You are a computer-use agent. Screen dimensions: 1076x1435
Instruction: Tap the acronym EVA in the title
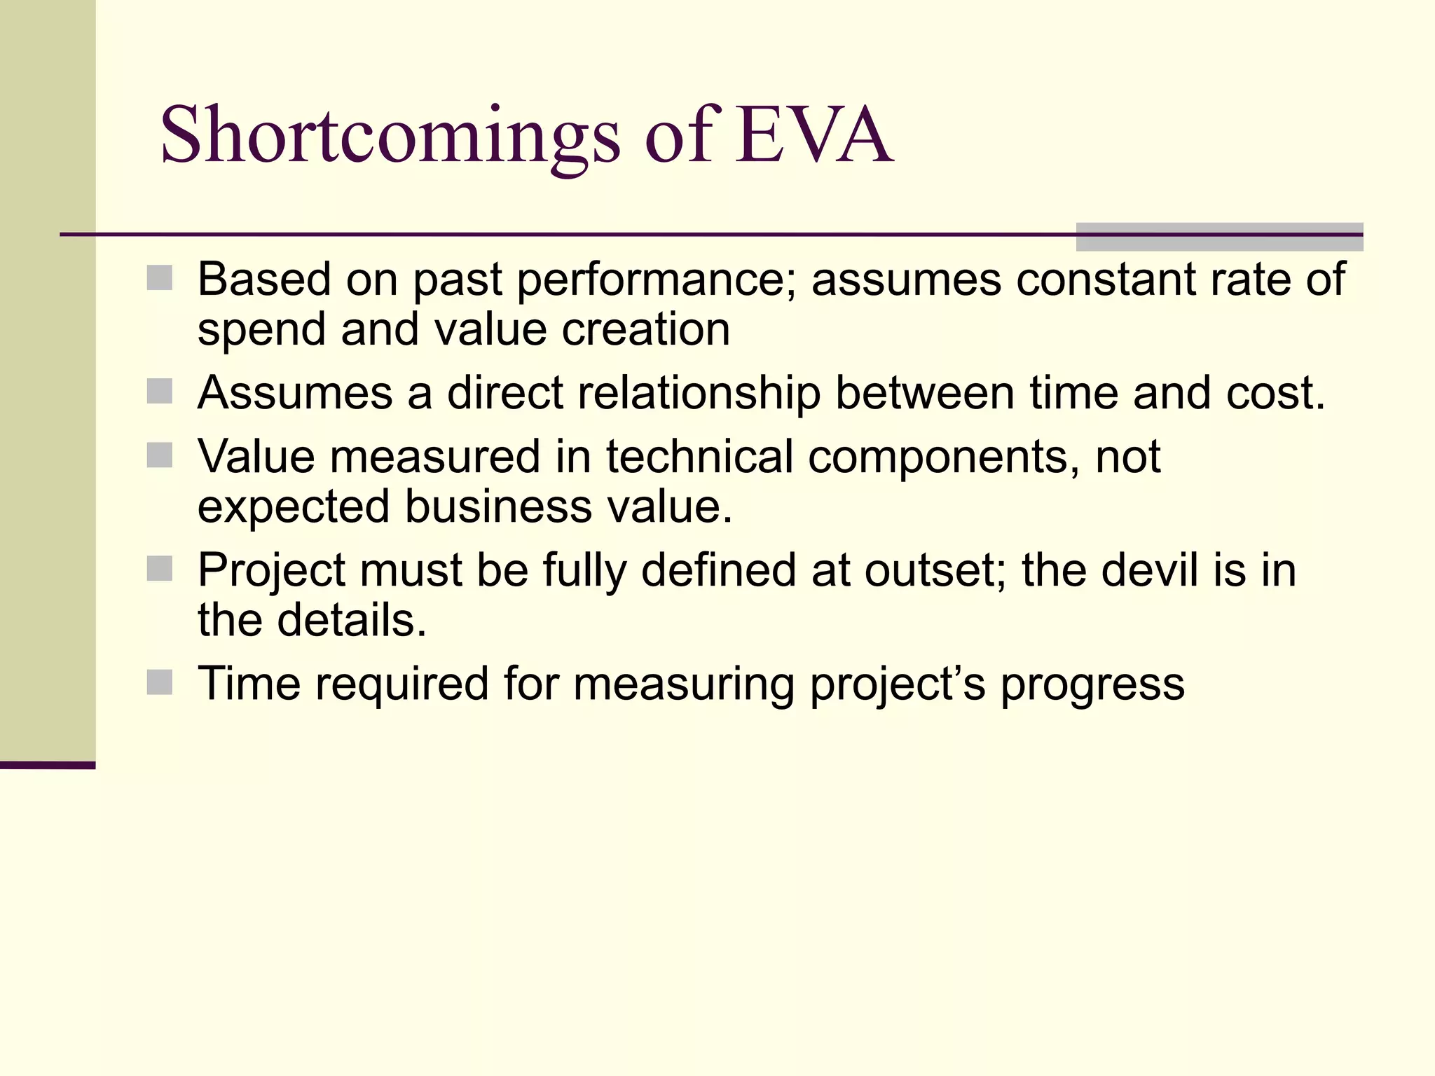click(813, 135)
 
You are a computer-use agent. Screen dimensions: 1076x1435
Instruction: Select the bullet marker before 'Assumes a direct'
click(160, 392)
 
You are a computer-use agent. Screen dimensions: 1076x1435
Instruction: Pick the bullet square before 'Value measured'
click(160, 455)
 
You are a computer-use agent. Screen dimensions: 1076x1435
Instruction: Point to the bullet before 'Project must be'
click(160, 569)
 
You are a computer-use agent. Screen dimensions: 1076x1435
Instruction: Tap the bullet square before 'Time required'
click(160, 682)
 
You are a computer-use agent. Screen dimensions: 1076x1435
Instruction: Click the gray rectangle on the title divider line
click(1219, 237)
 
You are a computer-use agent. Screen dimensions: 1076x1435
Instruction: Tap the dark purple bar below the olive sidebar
click(47, 765)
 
